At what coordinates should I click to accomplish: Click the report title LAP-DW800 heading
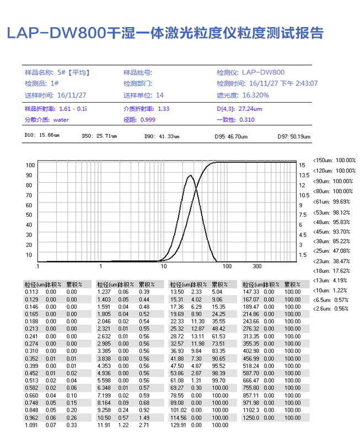164,34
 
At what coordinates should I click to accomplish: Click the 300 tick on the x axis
257,266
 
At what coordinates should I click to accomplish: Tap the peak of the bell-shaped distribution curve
190,175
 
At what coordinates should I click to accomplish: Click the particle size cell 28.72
177,336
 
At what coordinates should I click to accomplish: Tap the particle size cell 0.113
30,291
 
